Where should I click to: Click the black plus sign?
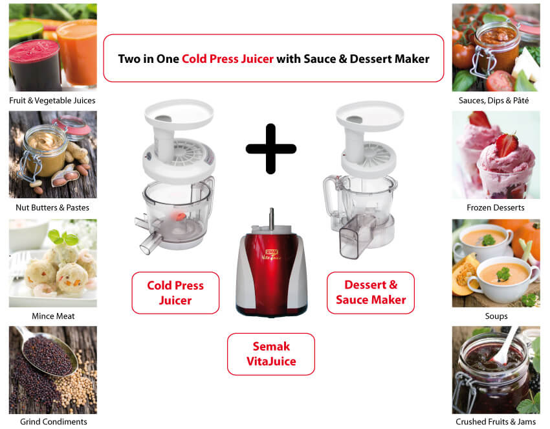pos(270,148)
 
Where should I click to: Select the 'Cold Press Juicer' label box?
pos(175,293)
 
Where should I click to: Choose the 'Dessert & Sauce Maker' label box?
pos(370,292)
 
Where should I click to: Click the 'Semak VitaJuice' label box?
pos(270,354)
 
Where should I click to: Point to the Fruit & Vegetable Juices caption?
pos(52,100)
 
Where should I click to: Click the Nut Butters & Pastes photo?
pos(52,154)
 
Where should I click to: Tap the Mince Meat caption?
pos(52,316)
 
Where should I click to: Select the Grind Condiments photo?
pos(52,369)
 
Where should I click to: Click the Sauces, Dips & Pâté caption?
pos(496,100)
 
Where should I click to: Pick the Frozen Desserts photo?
pos(496,154)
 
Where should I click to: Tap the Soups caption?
pos(496,316)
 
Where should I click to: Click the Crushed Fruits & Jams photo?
pos(496,369)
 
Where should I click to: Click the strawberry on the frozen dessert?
pos(507,144)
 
